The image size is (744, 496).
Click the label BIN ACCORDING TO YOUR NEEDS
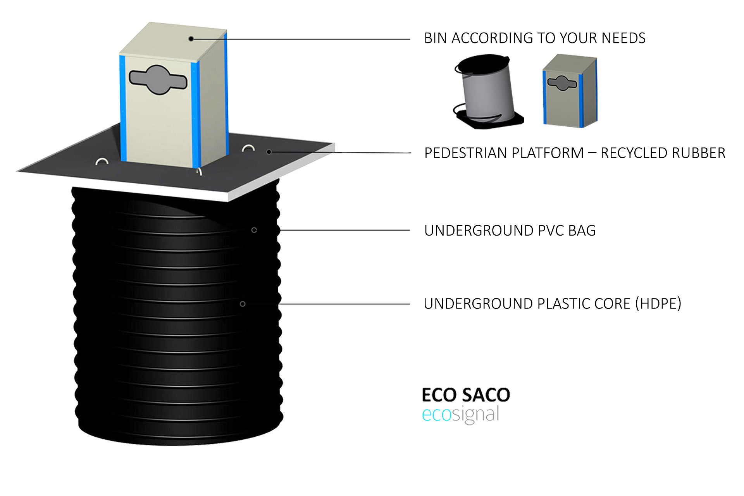point(534,38)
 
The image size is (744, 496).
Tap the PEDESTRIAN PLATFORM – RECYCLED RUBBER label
point(575,153)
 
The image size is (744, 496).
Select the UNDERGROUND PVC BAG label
point(510,231)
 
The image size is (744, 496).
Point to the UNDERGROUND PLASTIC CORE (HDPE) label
point(552,304)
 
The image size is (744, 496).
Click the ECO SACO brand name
point(466,395)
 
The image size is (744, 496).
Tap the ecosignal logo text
point(460,415)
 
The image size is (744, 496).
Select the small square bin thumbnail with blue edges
point(570,91)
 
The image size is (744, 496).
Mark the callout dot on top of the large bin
point(191,39)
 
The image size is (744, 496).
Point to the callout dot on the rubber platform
point(269,152)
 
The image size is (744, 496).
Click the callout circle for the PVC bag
point(254,230)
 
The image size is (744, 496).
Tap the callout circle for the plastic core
point(243,304)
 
